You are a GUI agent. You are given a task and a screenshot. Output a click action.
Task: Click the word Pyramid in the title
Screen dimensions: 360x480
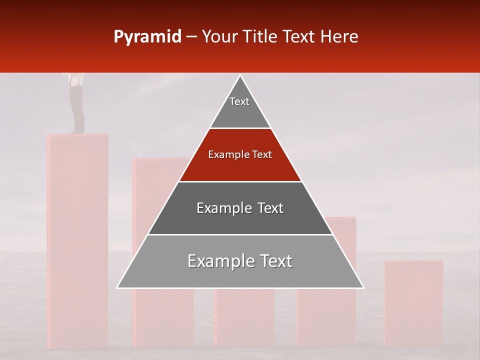click(147, 37)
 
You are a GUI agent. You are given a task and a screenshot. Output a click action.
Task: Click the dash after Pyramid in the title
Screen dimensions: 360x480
click(191, 37)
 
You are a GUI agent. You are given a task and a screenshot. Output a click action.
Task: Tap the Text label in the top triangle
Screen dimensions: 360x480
click(239, 101)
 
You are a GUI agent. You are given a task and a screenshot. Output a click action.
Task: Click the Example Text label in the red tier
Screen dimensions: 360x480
click(240, 154)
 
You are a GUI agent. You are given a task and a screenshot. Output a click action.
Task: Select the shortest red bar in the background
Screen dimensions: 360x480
click(413, 300)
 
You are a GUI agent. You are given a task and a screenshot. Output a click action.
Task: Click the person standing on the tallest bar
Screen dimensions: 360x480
click(76, 102)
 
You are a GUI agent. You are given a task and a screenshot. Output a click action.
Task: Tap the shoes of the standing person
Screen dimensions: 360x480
click(77, 132)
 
